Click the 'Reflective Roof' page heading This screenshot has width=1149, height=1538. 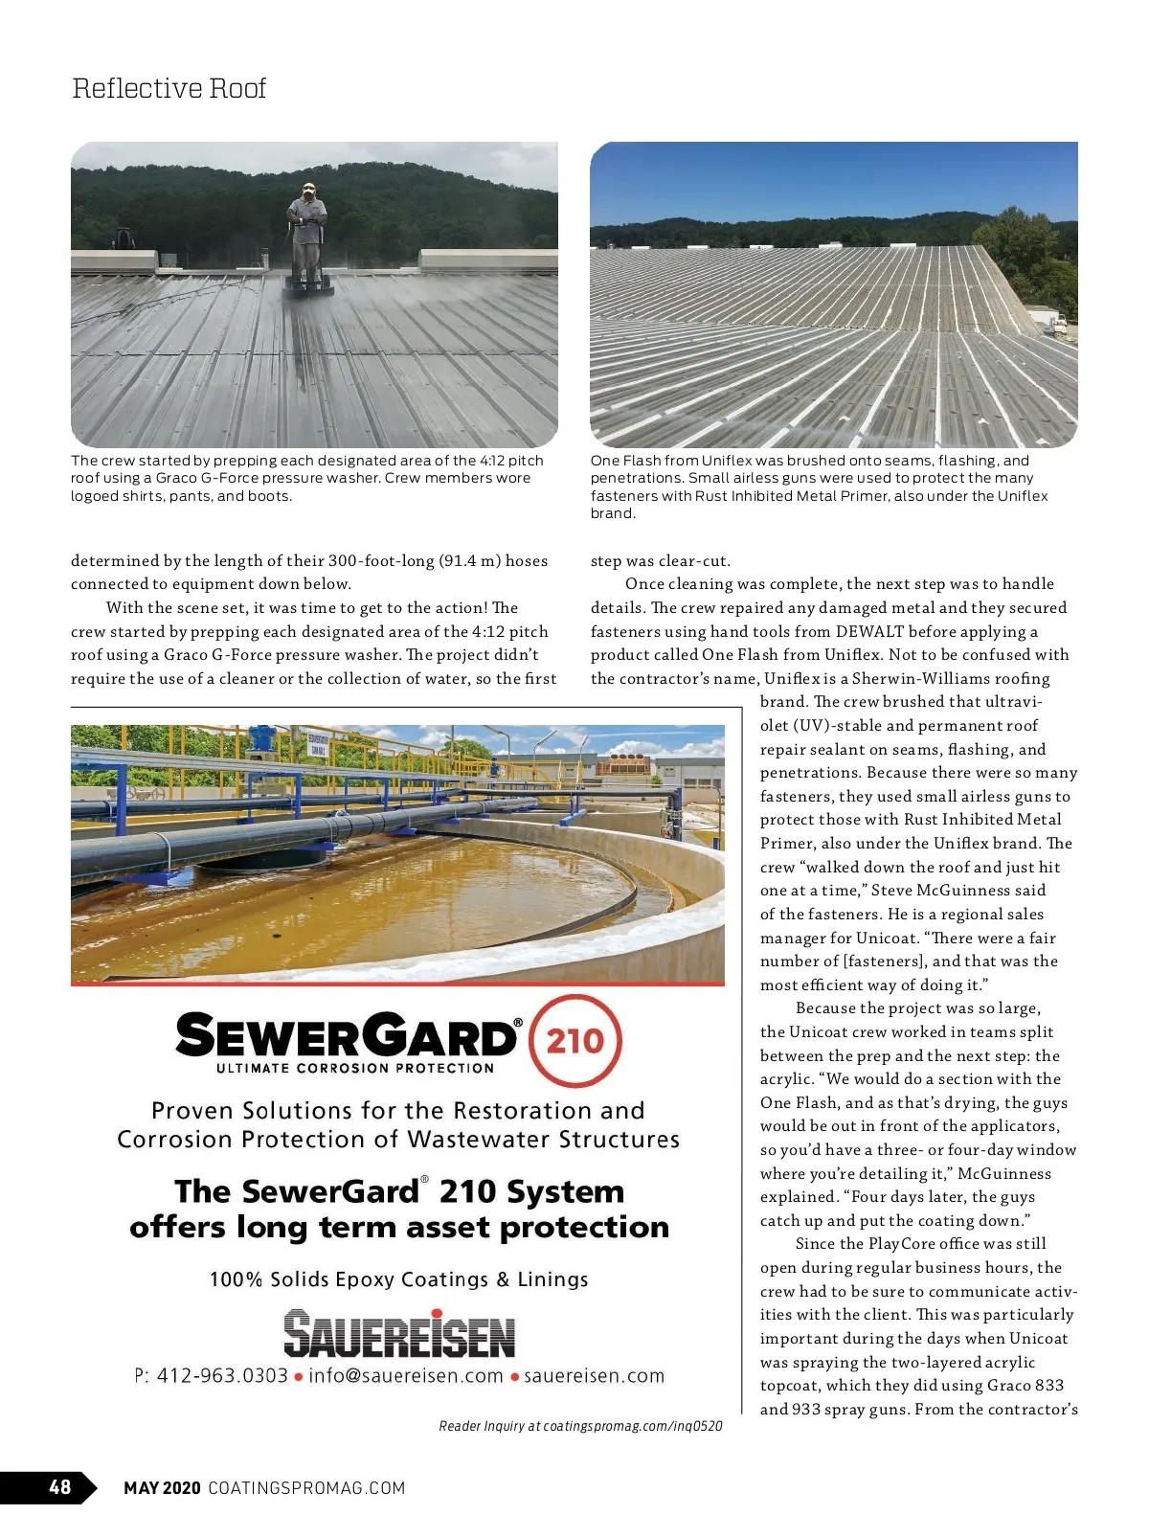point(169,88)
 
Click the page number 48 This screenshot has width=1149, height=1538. point(59,1486)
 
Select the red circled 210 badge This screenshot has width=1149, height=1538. point(574,1041)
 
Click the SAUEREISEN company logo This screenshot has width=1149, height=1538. point(399,1334)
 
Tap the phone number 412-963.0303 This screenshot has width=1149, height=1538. point(221,1376)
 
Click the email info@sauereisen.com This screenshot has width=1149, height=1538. point(405,1376)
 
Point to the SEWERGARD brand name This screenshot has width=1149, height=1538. point(348,1037)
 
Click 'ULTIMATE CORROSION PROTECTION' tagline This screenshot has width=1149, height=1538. point(354,1068)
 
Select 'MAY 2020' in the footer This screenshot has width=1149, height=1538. point(162,1487)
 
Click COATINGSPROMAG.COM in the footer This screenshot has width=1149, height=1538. point(306,1487)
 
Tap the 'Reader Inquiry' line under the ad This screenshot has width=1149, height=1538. point(580,1426)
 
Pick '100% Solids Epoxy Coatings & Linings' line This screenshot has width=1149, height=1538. point(398,1279)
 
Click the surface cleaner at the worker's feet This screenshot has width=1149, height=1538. point(308,285)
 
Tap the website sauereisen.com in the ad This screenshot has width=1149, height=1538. point(594,1376)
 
